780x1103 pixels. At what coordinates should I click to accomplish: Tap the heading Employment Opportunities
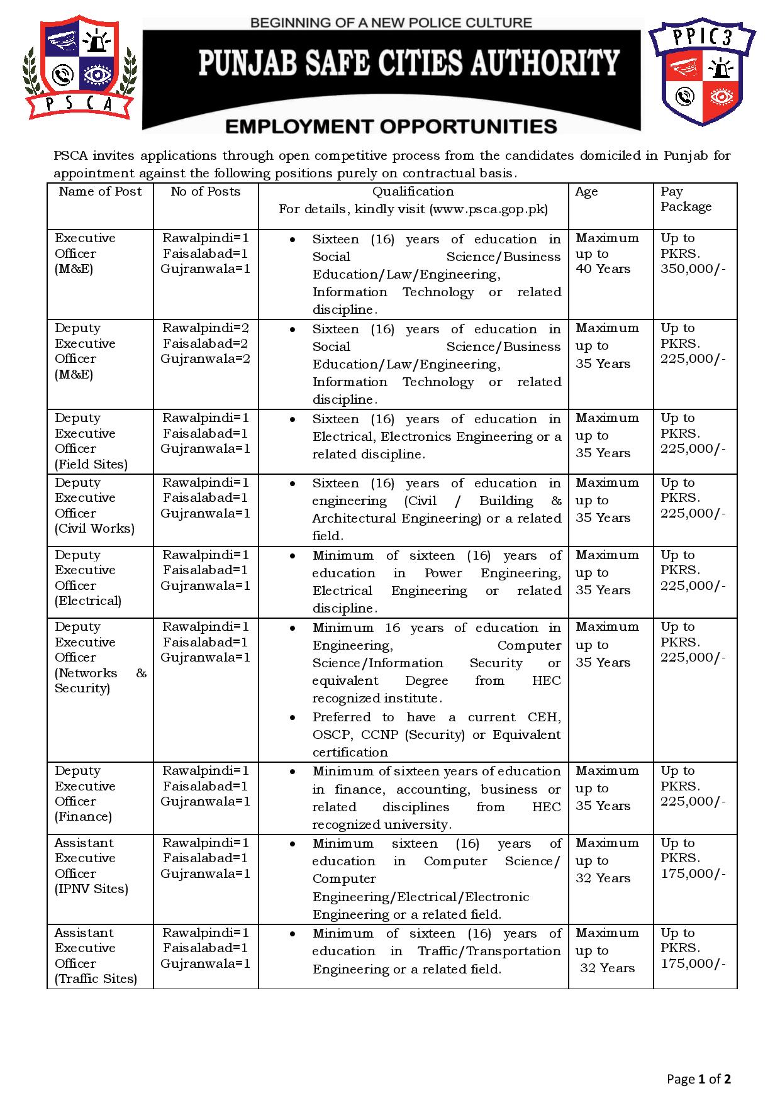pyautogui.click(x=391, y=127)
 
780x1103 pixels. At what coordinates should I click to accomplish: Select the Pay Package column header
pyautogui.click(x=686, y=199)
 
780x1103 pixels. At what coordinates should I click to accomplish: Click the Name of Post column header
pyautogui.click(x=100, y=192)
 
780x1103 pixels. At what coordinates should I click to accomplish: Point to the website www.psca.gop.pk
pyautogui.click(x=487, y=209)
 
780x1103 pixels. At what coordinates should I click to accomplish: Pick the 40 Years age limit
pyautogui.click(x=603, y=269)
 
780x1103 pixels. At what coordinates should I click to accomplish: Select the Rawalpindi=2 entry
pyautogui.click(x=206, y=328)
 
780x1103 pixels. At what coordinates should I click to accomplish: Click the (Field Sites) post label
pyautogui.click(x=91, y=465)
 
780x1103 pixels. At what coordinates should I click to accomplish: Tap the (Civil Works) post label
pyautogui.click(x=94, y=529)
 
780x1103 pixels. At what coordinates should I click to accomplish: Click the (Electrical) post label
pyautogui.click(x=88, y=601)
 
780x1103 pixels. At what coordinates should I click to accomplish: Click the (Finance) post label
pyautogui.click(x=83, y=817)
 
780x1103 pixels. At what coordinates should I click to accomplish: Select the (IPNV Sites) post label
pyautogui.click(x=91, y=889)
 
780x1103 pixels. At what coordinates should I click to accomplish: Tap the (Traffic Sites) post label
pyautogui.click(x=96, y=979)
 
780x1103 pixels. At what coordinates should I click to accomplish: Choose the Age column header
pyautogui.click(x=586, y=192)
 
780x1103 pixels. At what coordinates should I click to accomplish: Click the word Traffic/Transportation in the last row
pyautogui.click(x=489, y=951)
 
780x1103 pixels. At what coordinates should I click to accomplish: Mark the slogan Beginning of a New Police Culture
pyautogui.click(x=391, y=23)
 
